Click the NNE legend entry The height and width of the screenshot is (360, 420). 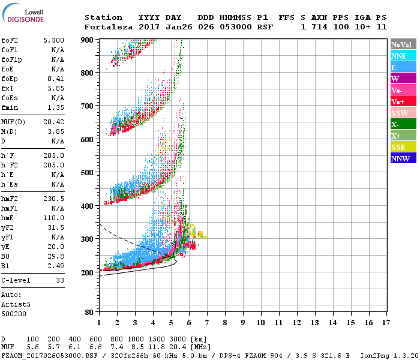[403, 56]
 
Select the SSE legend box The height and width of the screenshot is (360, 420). [403, 147]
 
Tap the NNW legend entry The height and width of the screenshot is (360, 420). [403, 158]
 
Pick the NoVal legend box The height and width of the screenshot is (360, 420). [403, 44]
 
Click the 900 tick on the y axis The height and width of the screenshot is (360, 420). [87, 40]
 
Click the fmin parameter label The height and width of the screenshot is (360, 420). [10, 107]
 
